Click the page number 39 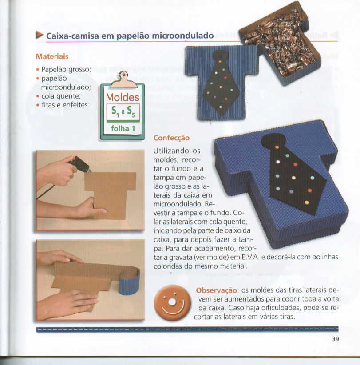(335, 339)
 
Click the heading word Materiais (52, 56)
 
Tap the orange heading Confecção (171, 138)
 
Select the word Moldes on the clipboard (123, 97)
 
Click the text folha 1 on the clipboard (123, 128)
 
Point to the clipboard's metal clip (123, 80)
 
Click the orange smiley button (172, 303)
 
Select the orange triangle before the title (40, 35)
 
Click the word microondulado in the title (183, 36)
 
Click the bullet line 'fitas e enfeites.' (63, 105)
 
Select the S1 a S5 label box (123, 112)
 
